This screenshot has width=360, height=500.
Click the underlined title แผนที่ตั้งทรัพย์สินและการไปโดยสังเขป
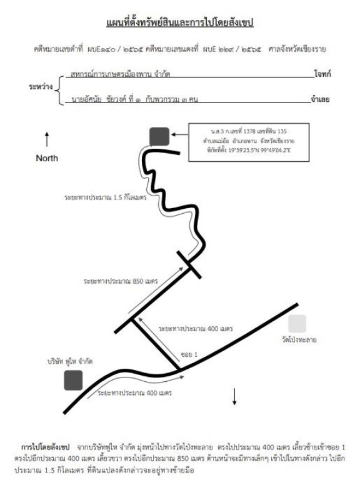(179, 23)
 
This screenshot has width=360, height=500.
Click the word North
(47, 158)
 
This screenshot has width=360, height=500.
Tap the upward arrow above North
(47, 139)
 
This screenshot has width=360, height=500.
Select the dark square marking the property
(159, 136)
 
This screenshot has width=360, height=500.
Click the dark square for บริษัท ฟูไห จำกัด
(73, 381)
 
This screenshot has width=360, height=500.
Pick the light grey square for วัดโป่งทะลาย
(297, 324)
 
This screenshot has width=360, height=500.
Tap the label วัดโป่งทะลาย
(299, 340)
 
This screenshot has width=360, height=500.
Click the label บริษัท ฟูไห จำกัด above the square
(70, 362)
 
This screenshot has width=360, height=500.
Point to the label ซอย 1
(189, 354)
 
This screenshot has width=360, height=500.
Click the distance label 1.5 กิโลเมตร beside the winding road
(106, 197)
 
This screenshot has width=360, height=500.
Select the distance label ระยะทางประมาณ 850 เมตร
(121, 282)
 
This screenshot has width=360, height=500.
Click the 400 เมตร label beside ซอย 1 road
(196, 329)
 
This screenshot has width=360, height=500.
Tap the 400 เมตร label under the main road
(134, 393)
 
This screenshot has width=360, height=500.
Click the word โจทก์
(322, 74)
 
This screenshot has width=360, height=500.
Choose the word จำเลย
(320, 99)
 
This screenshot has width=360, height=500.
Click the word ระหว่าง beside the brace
(41, 87)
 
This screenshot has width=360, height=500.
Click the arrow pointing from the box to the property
(179, 135)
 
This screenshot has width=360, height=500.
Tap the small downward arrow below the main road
(234, 397)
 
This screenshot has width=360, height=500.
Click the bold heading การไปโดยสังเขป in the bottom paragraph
(45, 447)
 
